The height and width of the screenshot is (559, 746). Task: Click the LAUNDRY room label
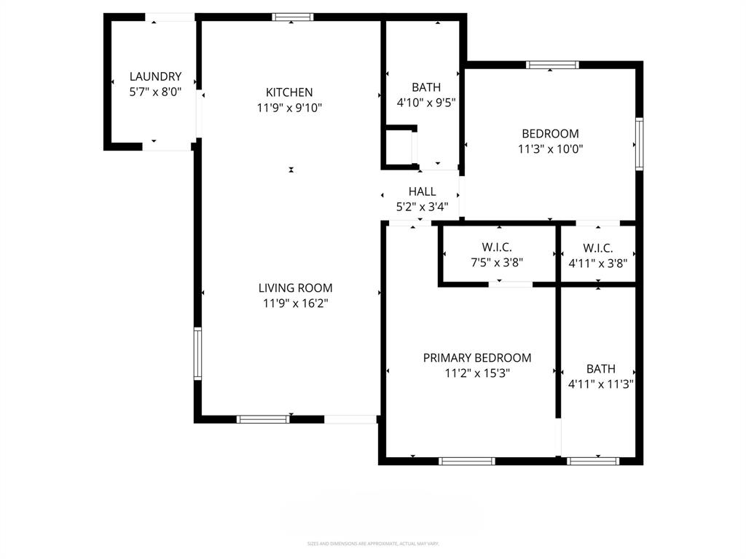(x=155, y=76)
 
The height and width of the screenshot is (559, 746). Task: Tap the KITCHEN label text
(x=289, y=92)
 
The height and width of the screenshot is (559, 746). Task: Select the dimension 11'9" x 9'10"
(x=289, y=108)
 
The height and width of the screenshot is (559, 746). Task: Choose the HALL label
(x=422, y=191)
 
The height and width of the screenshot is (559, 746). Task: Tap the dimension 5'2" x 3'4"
(x=422, y=207)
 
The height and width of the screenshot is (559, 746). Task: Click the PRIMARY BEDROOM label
(x=477, y=358)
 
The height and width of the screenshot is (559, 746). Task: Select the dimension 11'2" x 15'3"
(x=477, y=373)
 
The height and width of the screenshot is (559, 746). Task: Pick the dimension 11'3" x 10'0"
(x=550, y=148)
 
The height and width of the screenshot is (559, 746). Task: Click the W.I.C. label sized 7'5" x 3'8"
(x=497, y=248)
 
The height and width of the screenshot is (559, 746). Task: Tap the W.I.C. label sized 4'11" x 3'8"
(x=597, y=248)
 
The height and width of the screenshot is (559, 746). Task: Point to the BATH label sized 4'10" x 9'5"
(x=425, y=87)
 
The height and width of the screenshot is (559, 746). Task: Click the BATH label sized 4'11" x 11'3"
(x=600, y=369)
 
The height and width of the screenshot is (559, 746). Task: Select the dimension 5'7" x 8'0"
(x=155, y=92)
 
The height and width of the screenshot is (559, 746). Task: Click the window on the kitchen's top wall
(x=293, y=17)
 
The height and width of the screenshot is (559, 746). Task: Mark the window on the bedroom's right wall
(x=639, y=144)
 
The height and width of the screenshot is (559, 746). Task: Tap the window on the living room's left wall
(x=197, y=354)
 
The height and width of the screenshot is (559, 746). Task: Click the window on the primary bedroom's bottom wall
(x=467, y=461)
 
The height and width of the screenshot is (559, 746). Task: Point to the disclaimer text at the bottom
(x=372, y=544)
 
